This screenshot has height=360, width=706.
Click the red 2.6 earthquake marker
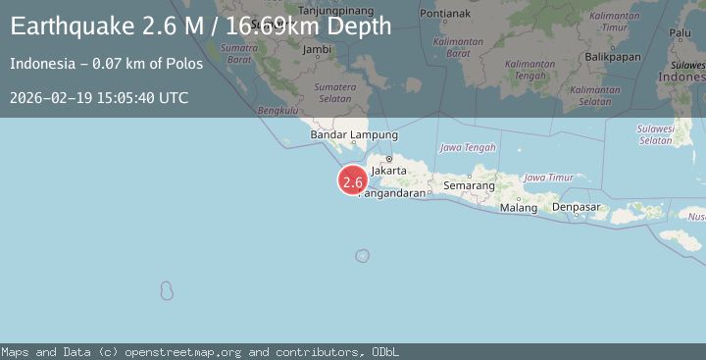353,181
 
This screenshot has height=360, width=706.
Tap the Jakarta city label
389,170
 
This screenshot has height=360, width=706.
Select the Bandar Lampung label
354,134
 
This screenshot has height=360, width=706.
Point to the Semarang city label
469,184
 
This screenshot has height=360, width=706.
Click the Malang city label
518,208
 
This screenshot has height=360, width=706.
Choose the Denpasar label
576,207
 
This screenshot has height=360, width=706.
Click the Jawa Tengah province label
461,148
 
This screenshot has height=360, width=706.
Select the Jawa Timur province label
548,178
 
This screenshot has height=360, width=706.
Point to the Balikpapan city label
615,57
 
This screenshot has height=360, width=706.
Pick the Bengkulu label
277,111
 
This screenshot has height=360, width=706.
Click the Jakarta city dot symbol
388,158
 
